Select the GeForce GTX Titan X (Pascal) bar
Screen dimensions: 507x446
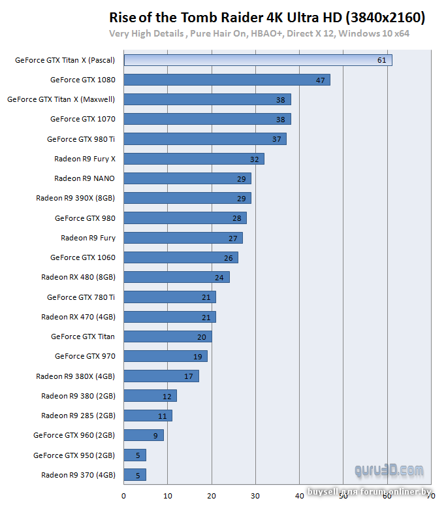258,60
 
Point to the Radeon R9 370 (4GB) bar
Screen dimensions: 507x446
135,475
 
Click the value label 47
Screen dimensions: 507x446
320,80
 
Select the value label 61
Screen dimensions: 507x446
382,61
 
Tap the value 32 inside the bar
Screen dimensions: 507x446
254,159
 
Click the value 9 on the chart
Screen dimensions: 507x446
155,436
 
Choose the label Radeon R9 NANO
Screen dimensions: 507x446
84,178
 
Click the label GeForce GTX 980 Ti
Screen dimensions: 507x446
81,139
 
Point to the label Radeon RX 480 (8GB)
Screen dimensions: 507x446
78,277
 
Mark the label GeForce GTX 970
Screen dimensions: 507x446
85,356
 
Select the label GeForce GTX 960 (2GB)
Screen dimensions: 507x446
74,435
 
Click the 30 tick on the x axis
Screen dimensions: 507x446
256,495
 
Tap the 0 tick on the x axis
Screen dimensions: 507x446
123,495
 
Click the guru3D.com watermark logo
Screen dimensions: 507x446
389,470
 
